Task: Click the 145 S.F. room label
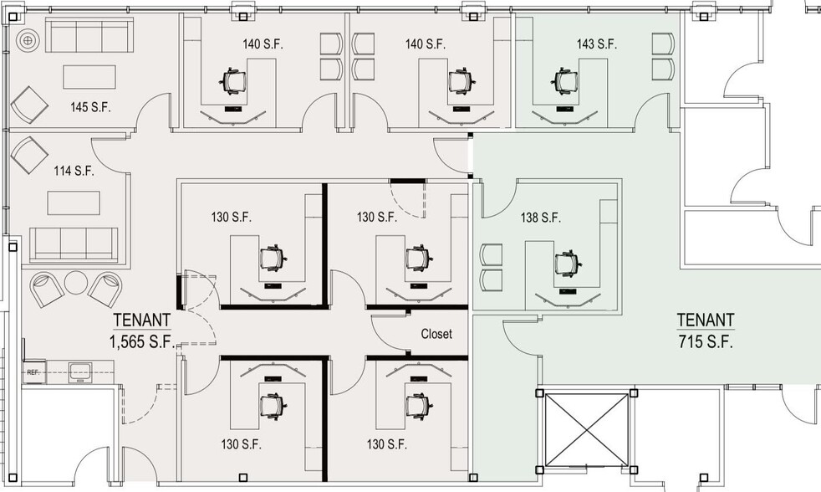[x=91, y=107]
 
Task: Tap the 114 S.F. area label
[x=74, y=171]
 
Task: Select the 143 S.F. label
[x=597, y=44]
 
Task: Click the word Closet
[x=436, y=334]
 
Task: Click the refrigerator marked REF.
[x=34, y=372]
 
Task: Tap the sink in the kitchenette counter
[x=82, y=370]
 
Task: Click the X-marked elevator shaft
[x=585, y=429]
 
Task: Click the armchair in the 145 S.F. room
[x=30, y=105]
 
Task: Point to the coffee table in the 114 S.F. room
[x=71, y=203]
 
